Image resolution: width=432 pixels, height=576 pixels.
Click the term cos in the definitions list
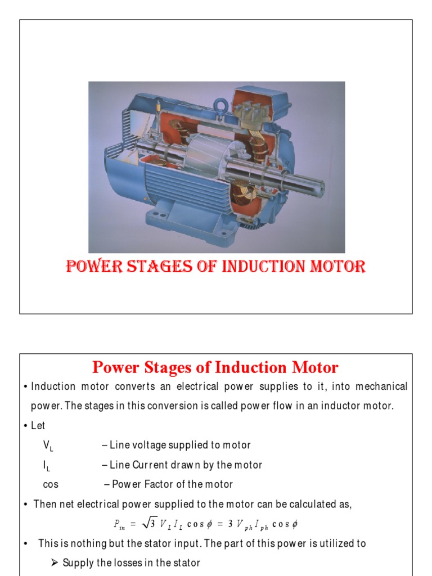[51, 484]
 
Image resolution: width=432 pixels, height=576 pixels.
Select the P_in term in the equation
[119, 524]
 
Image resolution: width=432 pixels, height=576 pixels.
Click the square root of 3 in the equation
[148, 524]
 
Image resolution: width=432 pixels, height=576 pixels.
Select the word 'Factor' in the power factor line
[157, 484]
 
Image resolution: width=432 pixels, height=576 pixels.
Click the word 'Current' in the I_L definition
[151, 465]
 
